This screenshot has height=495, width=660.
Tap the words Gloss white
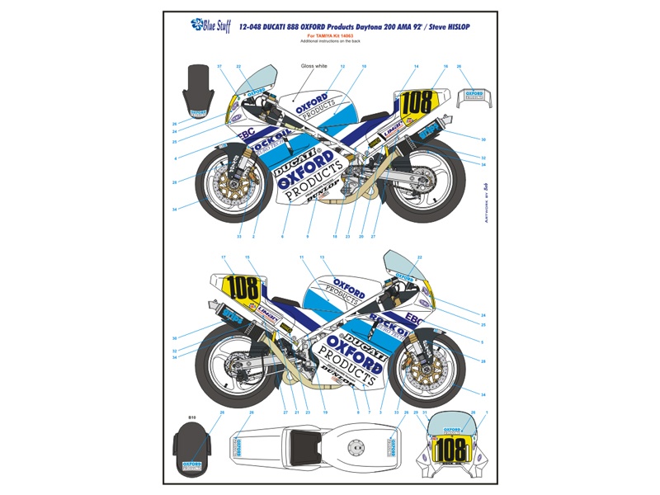[313, 65]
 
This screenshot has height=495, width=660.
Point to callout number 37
[220, 66]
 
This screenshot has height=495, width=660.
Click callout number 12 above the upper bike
[342, 66]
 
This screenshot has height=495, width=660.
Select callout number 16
[445, 66]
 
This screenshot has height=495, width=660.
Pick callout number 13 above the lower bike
[323, 258]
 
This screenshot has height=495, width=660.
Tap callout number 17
[224, 258]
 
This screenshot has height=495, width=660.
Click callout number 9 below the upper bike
[307, 237]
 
